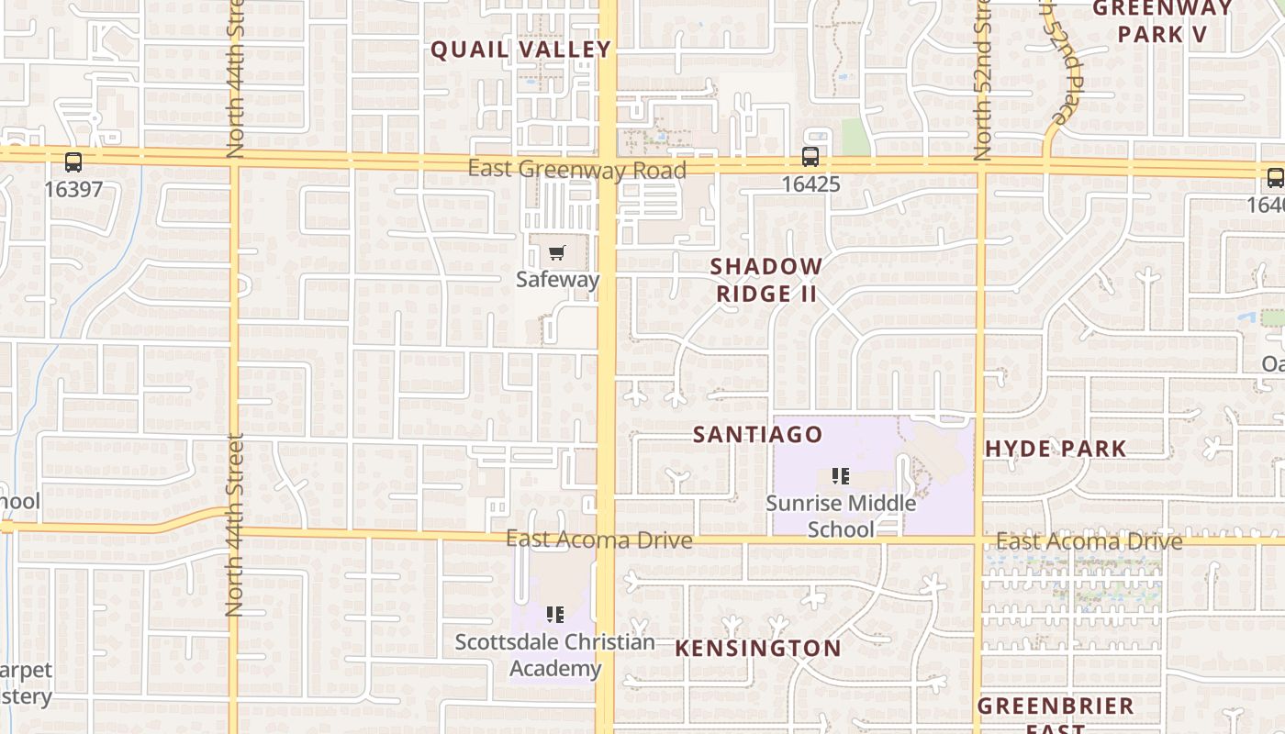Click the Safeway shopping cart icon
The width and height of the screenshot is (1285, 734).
coord(557,253)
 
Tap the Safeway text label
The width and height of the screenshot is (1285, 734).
coord(557,279)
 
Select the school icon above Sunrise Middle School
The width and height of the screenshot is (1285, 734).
coord(840,476)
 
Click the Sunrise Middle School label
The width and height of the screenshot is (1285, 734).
coord(841,516)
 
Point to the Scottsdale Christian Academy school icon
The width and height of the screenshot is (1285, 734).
coord(554,614)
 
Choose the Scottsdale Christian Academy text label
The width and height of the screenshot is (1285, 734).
coord(555,654)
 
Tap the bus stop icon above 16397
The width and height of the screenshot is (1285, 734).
coord(73,162)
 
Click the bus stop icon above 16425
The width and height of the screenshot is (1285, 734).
coord(810,157)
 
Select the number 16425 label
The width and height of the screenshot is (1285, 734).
coord(810,183)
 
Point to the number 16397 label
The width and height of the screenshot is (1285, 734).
coord(73,189)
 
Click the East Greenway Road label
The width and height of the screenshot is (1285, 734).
coord(576,170)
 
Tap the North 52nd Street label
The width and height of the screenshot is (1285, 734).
coord(983,83)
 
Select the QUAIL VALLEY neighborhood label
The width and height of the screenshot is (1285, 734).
coord(520,50)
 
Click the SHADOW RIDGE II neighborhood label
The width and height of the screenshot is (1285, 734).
coord(766,280)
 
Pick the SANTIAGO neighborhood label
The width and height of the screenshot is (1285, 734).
coord(757,434)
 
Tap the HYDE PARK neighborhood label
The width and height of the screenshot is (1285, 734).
coord(1056,449)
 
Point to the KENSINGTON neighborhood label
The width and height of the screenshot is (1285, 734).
coord(758,648)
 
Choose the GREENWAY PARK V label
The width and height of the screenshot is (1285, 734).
coord(1163,21)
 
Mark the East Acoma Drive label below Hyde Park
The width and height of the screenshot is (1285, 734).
coord(1089,541)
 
